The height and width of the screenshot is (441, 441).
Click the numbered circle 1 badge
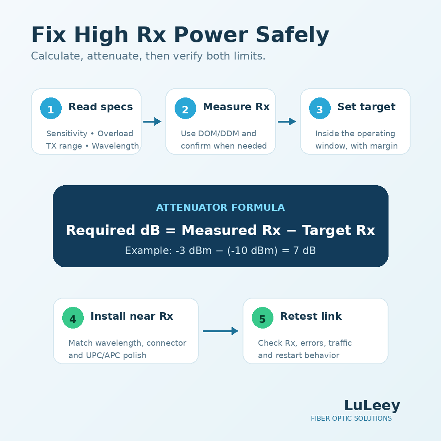click(51, 108)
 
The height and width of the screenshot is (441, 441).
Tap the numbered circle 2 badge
click(185, 108)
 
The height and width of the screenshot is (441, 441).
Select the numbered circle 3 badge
click(320, 108)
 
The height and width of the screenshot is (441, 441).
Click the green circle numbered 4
click(73, 318)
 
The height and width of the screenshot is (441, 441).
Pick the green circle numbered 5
click(262, 318)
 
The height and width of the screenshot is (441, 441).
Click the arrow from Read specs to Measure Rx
click(152, 122)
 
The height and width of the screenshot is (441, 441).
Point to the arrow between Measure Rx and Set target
click(287, 122)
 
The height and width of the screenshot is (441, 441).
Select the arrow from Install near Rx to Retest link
click(220, 331)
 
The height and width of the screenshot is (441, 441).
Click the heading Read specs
click(101, 107)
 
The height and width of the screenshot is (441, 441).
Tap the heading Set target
click(366, 107)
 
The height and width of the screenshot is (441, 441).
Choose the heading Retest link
click(311, 316)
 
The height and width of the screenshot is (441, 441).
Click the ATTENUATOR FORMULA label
click(220, 208)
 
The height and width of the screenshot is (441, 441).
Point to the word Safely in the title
click(292, 35)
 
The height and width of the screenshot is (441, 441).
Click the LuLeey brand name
click(372, 405)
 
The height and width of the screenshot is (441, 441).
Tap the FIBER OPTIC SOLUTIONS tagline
click(351, 419)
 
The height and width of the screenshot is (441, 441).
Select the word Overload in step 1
click(115, 133)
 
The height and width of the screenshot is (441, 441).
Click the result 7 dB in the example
click(304, 250)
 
